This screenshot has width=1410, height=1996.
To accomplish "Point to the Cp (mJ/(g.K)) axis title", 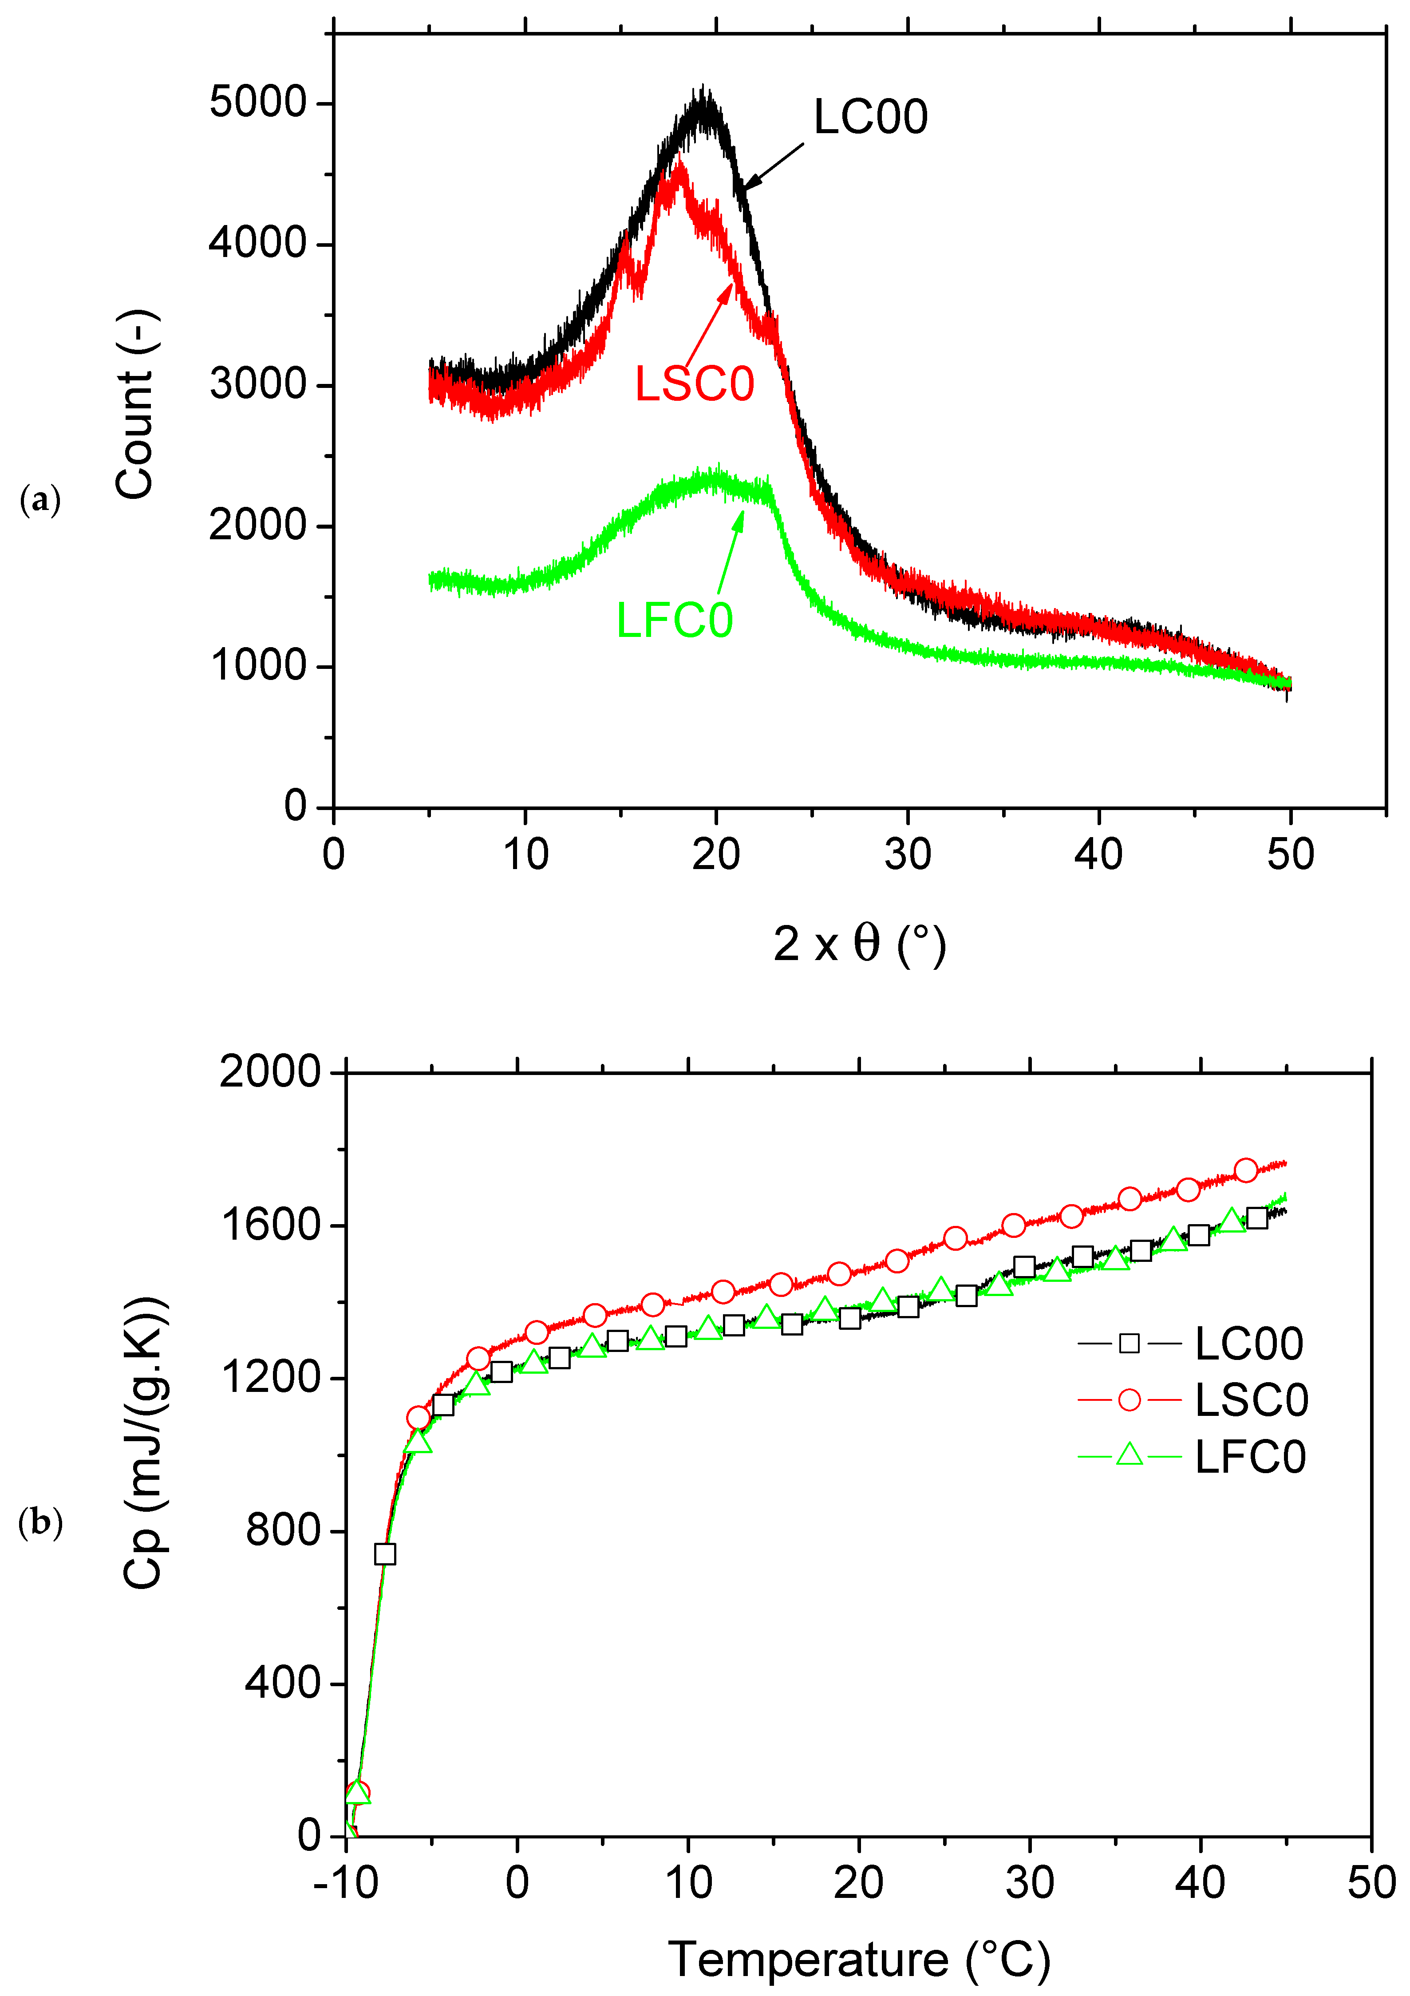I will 143,1443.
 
